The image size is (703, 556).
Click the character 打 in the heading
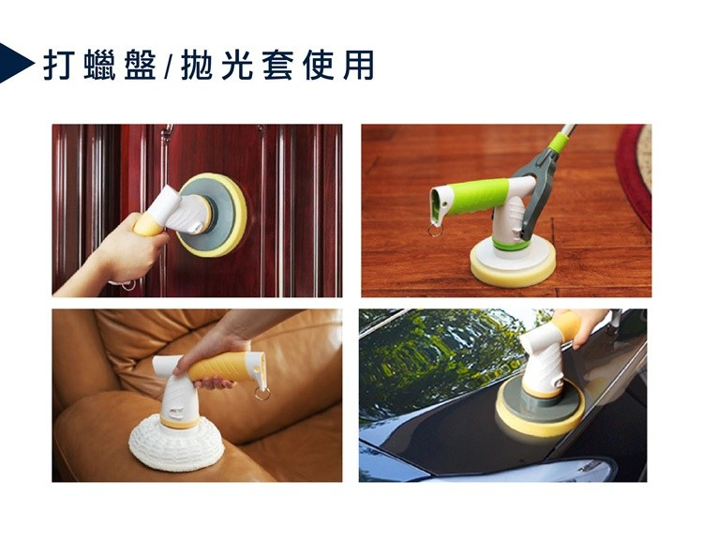pos(59,64)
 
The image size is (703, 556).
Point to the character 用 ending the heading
pos(358,64)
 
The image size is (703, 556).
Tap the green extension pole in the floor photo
pos(561,141)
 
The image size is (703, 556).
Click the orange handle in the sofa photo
pos(230,364)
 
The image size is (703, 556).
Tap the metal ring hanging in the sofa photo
pos(262,392)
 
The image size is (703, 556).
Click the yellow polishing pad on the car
pos(538,417)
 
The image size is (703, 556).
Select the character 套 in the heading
pos(277,64)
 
